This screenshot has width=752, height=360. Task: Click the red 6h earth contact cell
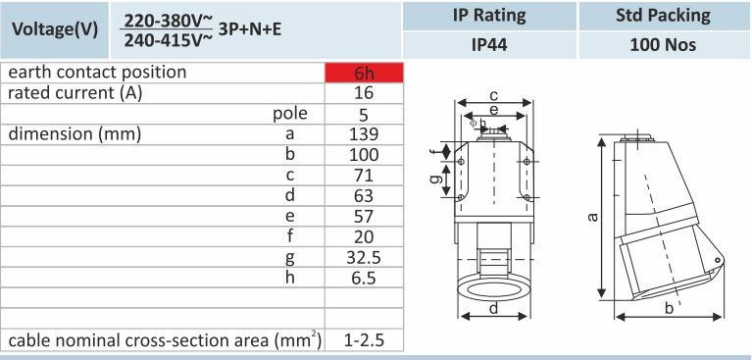click(x=364, y=73)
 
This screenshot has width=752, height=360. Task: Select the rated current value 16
click(x=364, y=93)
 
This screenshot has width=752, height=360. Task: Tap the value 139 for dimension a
click(x=364, y=134)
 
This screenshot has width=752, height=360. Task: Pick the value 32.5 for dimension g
click(x=364, y=258)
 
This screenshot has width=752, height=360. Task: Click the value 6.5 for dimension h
click(x=364, y=279)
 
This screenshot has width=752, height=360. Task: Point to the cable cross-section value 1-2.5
click(x=364, y=340)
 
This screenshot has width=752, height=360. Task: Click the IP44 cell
click(x=489, y=45)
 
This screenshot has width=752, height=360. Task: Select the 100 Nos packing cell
click(x=664, y=45)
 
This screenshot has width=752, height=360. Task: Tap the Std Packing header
click(x=664, y=16)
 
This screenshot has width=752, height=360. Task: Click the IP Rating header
click(x=489, y=16)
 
